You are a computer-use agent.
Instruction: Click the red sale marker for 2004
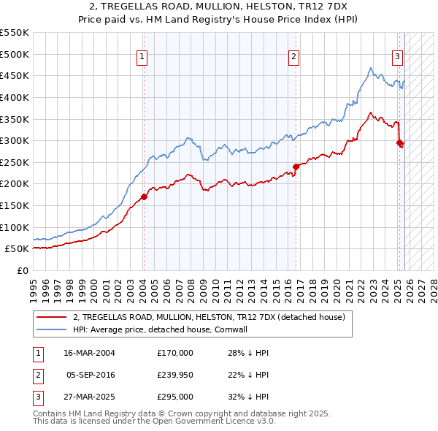pos(144,196)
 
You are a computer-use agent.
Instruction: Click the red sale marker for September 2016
pos(296,166)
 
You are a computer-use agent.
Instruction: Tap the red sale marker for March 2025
pos(399,143)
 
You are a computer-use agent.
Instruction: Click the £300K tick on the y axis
pos(15,140)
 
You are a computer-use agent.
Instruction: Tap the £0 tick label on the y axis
pos(23,270)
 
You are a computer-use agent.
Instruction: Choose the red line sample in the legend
pos(51,317)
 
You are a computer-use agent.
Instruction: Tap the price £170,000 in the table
pos(175,353)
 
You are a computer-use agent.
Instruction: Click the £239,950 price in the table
pos(175,375)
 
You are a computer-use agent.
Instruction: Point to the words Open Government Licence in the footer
pos(205,422)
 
